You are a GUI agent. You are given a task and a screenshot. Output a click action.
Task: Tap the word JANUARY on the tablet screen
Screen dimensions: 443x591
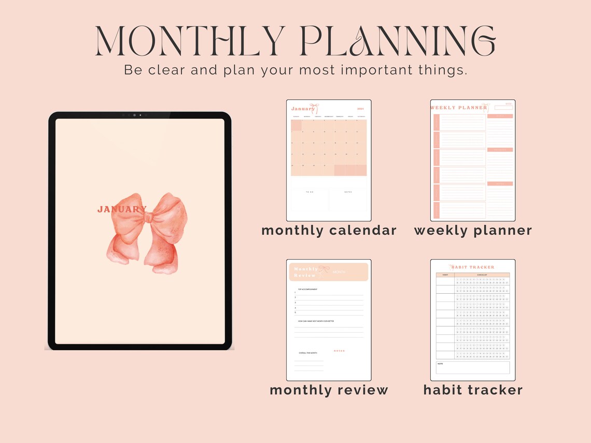click(122, 209)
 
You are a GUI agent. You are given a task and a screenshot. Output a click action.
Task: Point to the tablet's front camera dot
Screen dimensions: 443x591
click(134, 115)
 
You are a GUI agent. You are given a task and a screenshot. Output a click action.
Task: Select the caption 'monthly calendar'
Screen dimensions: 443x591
click(329, 231)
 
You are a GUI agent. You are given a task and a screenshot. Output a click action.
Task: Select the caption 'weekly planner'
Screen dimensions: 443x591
click(473, 231)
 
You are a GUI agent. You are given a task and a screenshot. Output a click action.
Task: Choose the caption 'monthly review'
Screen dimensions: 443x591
click(329, 390)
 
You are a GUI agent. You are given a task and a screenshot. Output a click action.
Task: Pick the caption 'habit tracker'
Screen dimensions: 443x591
click(473, 390)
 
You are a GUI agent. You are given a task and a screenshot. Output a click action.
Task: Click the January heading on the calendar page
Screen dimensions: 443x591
click(303, 109)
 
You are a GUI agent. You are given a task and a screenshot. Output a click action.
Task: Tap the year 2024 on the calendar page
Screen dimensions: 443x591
click(361, 109)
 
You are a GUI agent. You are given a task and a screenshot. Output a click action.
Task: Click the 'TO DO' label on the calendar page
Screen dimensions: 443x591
click(309, 192)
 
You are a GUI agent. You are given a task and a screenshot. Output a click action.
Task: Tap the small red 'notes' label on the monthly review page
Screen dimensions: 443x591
click(339, 351)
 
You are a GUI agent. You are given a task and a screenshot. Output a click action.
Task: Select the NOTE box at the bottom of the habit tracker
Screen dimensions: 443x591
click(473, 367)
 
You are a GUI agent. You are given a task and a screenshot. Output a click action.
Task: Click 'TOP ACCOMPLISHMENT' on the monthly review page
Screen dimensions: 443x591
click(307, 289)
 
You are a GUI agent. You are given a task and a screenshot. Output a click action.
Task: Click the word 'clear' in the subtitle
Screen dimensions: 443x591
click(166, 70)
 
